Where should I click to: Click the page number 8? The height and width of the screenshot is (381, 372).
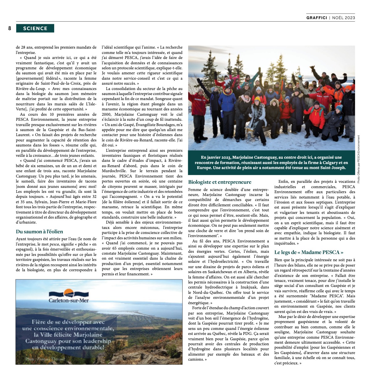point(10,29)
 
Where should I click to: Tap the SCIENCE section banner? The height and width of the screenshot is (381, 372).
point(35,29)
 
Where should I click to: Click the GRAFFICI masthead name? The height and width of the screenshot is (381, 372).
point(317,18)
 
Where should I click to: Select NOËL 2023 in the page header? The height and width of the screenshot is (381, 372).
point(344,18)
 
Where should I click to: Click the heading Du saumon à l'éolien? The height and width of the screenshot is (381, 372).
point(39,232)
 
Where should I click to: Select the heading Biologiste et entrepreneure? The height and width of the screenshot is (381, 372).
point(220,182)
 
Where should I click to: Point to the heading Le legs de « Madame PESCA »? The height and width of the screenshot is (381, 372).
point(309,252)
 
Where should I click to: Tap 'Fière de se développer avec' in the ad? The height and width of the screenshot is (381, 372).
point(68,322)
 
